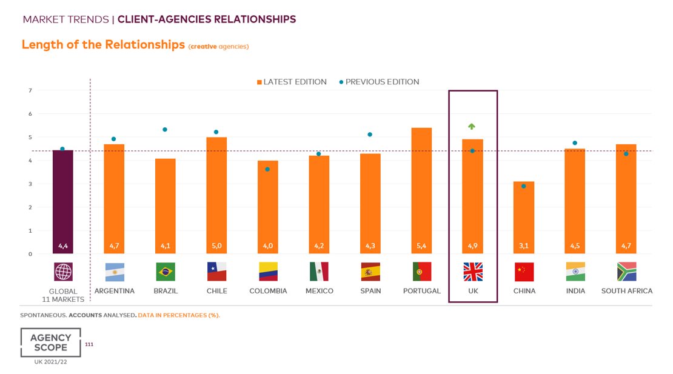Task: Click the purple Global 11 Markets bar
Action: tap(62, 202)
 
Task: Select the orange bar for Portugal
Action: tap(421, 191)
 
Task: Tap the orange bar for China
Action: tap(524, 218)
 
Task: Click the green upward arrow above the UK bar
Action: tap(472, 126)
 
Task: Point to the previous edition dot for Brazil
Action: tap(165, 130)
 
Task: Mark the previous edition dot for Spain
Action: tap(370, 135)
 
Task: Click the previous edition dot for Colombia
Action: tap(267, 169)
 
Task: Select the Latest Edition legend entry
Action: tap(292, 82)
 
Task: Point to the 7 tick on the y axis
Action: tap(30, 90)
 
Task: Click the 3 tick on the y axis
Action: tap(30, 184)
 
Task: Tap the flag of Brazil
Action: tap(166, 272)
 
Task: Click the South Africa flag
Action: tap(626, 272)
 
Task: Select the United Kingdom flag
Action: tap(473, 272)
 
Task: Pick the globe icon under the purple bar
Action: tap(63, 272)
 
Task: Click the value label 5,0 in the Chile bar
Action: tap(216, 246)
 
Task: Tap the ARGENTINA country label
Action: tap(115, 291)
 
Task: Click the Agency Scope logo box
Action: tap(51, 342)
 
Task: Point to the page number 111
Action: tap(89, 344)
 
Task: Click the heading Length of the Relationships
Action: tap(103, 45)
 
